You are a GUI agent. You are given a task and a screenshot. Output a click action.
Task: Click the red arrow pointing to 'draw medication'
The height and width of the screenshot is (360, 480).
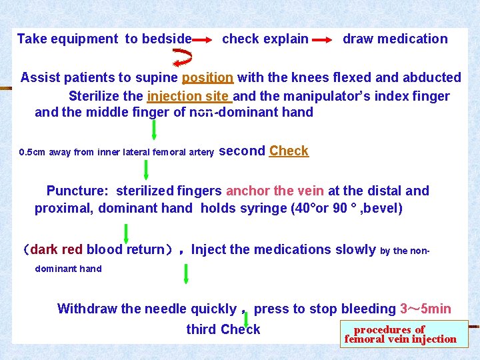click(322, 40)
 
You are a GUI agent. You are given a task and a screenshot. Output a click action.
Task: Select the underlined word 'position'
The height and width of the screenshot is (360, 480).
click(207, 78)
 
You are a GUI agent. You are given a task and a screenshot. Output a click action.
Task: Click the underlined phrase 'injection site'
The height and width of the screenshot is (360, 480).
click(189, 96)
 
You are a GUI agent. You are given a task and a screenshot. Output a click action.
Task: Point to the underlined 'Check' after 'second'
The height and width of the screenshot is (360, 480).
click(289, 151)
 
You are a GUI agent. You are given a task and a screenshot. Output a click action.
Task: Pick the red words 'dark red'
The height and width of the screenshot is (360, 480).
click(57, 250)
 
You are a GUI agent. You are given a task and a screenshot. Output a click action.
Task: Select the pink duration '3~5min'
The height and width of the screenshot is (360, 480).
click(425, 309)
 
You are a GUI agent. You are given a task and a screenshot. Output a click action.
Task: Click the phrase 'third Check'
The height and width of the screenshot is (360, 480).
click(223, 329)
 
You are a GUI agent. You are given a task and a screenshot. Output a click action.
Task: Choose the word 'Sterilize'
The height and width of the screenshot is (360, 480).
click(95, 96)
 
